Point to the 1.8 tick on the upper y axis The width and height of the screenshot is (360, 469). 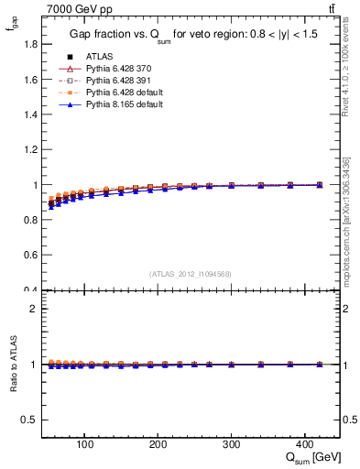click(x=31, y=44)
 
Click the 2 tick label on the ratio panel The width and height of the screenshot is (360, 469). click(x=35, y=309)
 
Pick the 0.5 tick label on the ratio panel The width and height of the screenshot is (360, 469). click(x=31, y=420)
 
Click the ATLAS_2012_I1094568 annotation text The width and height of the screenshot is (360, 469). click(x=191, y=274)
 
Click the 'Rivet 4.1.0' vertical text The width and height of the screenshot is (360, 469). click(x=346, y=70)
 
